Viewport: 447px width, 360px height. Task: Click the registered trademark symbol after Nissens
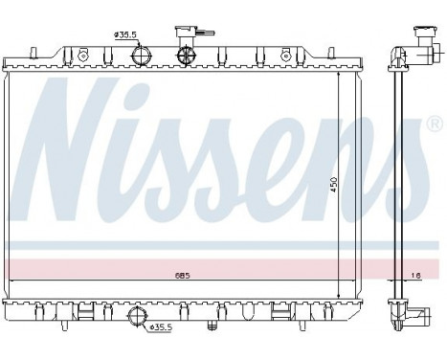click(436, 124)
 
